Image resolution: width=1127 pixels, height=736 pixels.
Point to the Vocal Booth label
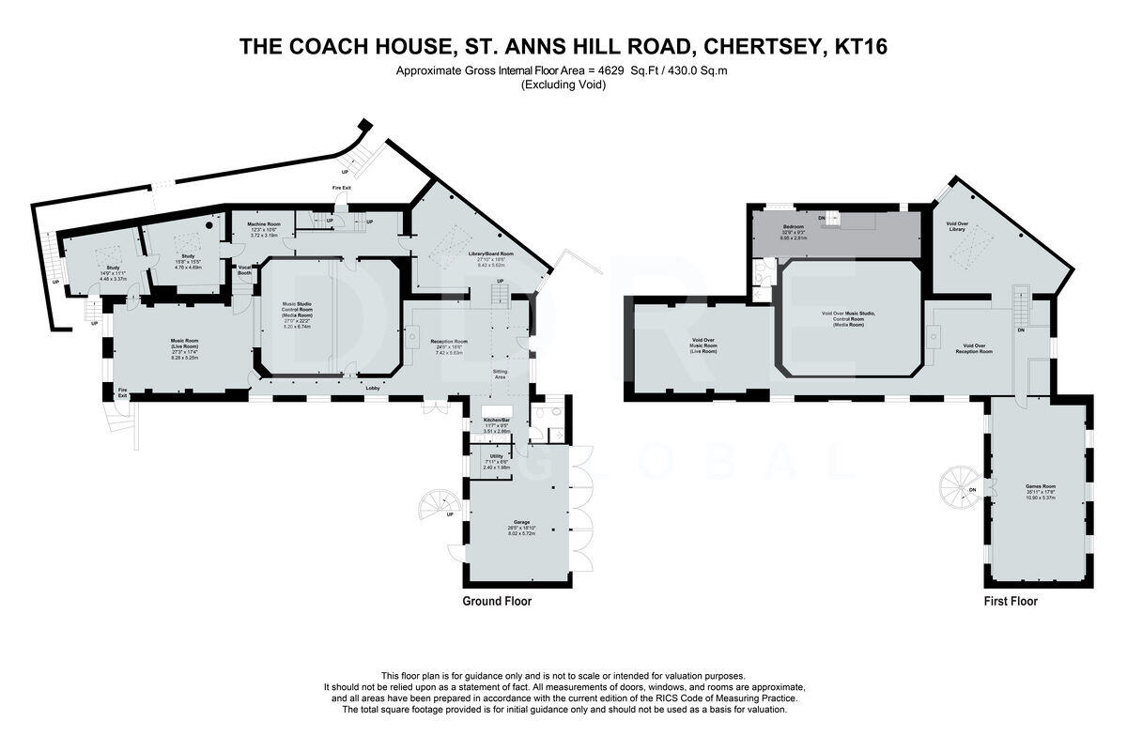point(245,269)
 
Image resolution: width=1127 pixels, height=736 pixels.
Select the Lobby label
point(372,388)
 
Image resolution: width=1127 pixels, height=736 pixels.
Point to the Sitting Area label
point(501,375)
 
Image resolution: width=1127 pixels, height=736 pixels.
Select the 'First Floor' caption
point(1011,602)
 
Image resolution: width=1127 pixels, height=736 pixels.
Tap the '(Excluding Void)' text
point(563,85)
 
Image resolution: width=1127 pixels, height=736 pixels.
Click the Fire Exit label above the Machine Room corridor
point(342,188)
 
